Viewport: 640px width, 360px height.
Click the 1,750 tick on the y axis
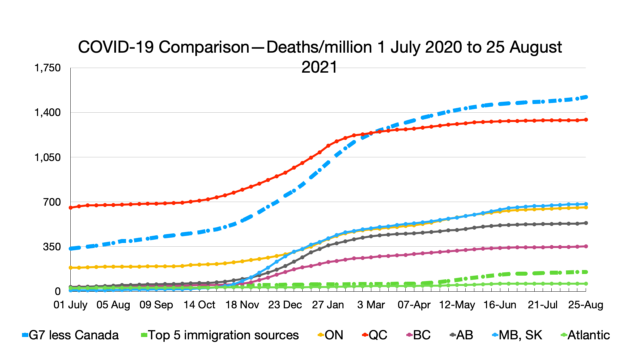47,68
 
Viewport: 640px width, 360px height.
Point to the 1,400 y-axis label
47,113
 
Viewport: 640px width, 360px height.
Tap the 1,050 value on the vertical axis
47,157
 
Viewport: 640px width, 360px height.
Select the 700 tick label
52,202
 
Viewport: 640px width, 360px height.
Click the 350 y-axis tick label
52,247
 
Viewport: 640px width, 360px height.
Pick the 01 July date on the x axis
70,305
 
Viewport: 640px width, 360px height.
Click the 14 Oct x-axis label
199,305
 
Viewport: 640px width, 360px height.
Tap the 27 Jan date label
328,305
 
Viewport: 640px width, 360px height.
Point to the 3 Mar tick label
371,305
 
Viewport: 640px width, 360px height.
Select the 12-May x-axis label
457,305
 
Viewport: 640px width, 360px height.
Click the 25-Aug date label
586,305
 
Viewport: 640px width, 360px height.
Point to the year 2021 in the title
319,67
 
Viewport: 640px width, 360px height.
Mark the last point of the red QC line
586,120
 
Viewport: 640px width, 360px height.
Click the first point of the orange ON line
70,268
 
